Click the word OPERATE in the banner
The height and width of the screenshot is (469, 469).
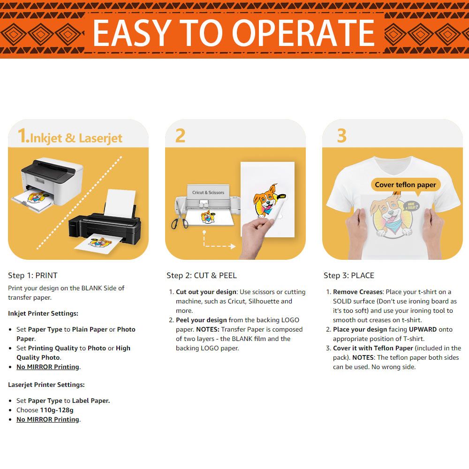tap(303, 33)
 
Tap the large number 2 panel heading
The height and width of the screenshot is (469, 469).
tap(181, 136)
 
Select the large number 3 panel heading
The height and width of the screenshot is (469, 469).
tap(341, 136)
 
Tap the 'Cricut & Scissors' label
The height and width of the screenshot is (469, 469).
tap(208, 193)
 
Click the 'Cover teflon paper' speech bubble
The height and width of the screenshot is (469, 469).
tap(405, 185)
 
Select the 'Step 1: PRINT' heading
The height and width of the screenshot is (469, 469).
tap(33, 275)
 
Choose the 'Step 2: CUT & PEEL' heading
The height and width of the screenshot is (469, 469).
tap(202, 275)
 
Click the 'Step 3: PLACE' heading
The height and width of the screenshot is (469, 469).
tap(349, 275)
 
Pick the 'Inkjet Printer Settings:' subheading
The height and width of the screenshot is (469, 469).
tap(43, 313)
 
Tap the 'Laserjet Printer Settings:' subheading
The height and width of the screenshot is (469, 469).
tap(46, 385)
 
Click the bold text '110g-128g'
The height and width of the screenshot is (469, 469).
tap(57, 410)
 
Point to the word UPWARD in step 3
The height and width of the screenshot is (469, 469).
tap(423, 329)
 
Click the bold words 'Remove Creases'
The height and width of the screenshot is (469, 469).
tap(358, 292)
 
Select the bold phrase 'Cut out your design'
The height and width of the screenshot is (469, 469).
tap(206, 292)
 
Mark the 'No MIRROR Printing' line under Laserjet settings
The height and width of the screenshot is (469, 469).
tap(48, 419)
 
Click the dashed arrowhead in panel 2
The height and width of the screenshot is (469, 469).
tap(233, 247)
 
